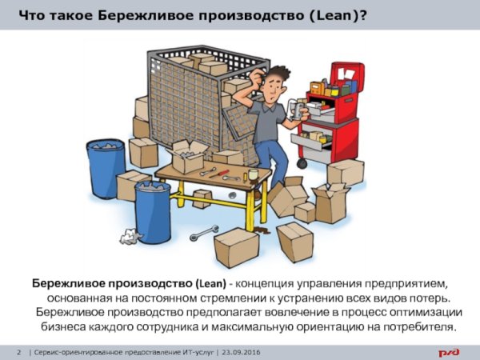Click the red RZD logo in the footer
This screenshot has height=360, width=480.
point(449,352)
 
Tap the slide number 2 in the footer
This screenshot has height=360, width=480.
point(19,352)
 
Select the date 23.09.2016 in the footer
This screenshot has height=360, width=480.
point(242,352)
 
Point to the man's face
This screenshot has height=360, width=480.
point(272,88)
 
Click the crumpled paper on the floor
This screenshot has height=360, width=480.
point(130,236)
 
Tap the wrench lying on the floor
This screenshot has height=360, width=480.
point(204,234)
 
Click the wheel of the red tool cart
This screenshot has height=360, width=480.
point(302,163)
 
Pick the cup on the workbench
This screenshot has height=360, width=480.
point(253,174)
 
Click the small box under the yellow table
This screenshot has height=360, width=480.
point(202,199)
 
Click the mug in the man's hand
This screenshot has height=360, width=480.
point(297,110)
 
